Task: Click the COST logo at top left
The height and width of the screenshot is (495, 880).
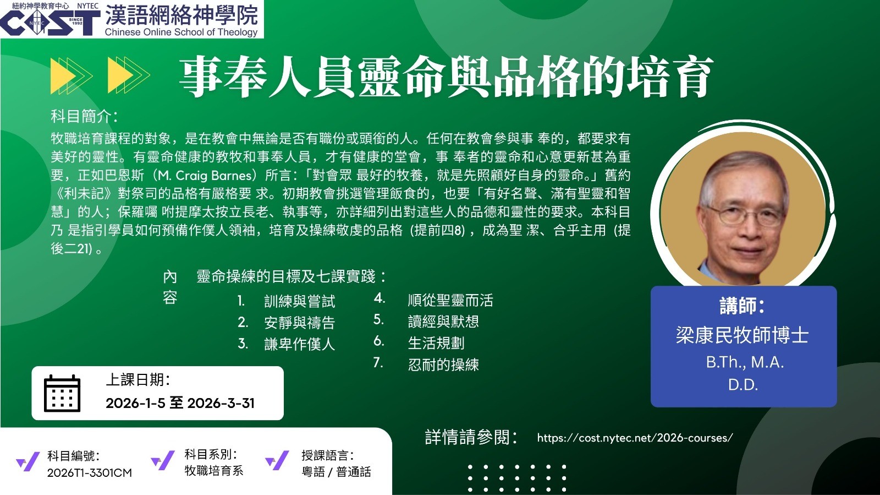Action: click(50, 23)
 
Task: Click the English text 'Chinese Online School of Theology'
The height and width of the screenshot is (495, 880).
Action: click(181, 32)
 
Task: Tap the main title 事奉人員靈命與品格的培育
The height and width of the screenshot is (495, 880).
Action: click(446, 77)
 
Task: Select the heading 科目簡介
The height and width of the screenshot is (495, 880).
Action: click(84, 116)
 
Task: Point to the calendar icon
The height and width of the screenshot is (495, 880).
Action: click(62, 393)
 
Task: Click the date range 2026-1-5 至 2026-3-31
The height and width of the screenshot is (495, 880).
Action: click(180, 403)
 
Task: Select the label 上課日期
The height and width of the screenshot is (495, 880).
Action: click(138, 380)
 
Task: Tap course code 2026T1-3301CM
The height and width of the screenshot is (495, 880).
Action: click(90, 472)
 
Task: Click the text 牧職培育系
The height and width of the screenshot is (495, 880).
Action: click(214, 471)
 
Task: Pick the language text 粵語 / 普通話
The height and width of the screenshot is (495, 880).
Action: click(336, 472)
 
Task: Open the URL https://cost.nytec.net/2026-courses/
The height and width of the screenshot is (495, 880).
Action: click(635, 438)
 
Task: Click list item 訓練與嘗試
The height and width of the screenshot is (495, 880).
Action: click(299, 302)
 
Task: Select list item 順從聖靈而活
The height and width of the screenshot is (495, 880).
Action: click(450, 301)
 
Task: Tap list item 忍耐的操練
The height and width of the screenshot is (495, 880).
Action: click(443, 365)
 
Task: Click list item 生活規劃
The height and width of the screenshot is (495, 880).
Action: click(436, 343)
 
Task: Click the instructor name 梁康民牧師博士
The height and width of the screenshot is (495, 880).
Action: click(742, 335)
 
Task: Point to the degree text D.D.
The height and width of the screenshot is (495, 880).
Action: click(743, 385)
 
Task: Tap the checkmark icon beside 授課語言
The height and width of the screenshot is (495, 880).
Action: click(277, 460)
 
